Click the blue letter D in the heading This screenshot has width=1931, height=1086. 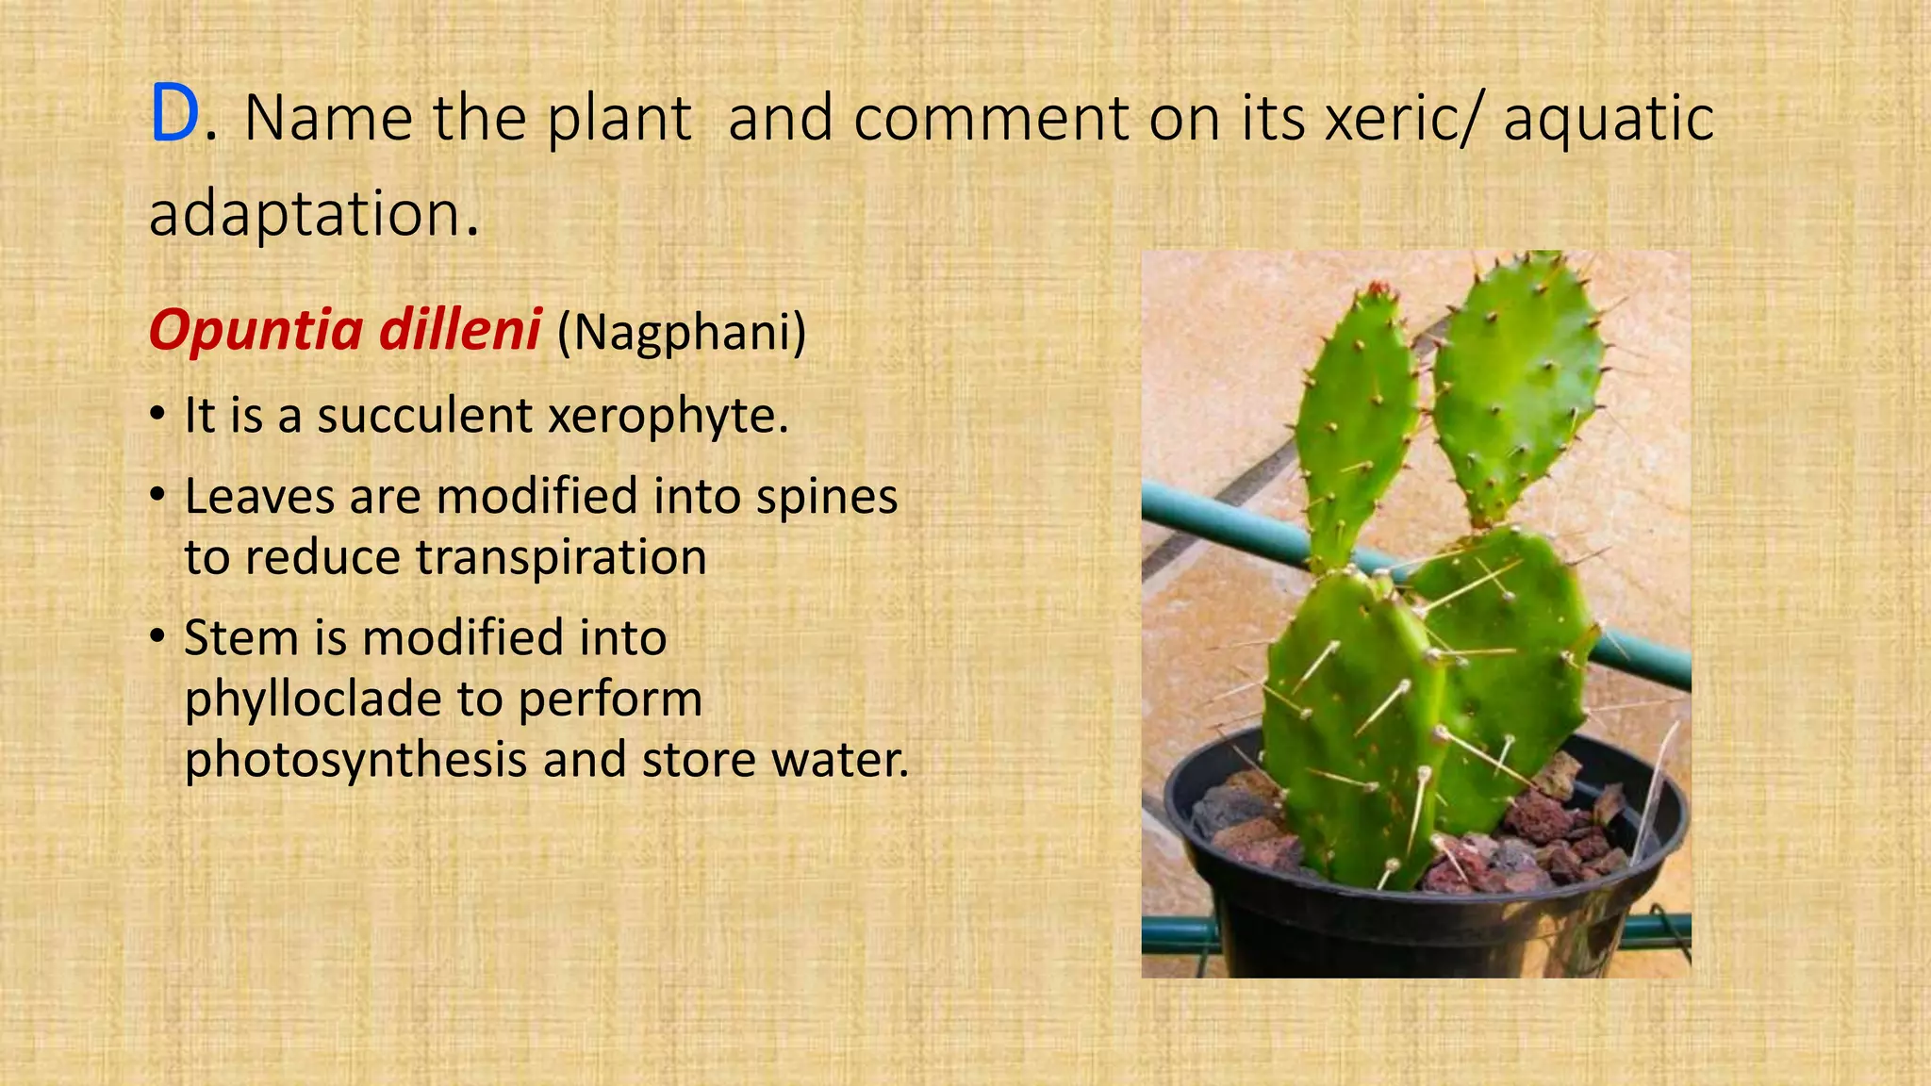(x=175, y=116)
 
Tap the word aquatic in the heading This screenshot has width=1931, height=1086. (x=1609, y=119)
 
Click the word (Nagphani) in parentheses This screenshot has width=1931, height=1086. (x=682, y=332)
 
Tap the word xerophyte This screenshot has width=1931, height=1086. (x=667, y=416)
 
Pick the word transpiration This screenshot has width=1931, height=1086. (x=561, y=557)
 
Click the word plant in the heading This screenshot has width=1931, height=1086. (x=619, y=119)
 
